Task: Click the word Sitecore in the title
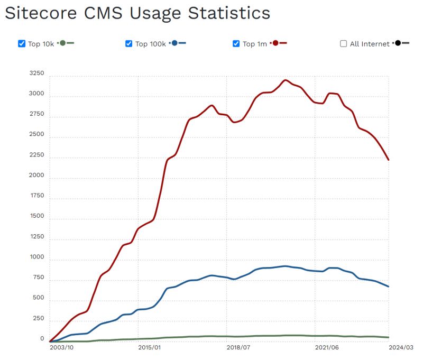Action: pyautogui.click(x=47, y=13)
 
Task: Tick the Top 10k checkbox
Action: pyautogui.click(x=22, y=44)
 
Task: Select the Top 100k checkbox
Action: pyautogui.click(x=128, y=44)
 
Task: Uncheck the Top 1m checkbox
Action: pyautogui.click(x=236, y=44)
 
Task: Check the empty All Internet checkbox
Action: pyautogui.click(x=344, y=44)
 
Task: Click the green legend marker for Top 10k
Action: pyautogui.click(x=63, y=43)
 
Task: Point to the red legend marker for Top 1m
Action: pyautogui.click(x=275, y=43)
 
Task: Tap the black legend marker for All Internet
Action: pyautogui.click(x=398, y=43)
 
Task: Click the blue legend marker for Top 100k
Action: pyautogui.click(x=174, y=43)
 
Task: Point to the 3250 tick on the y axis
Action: pyautogui.click(x=36, y=73)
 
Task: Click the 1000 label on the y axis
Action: pyautogui.click(x=36, y=257)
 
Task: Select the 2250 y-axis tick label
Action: pyautogui.click(x=36, y=155)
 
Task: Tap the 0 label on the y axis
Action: pyautogui.click(x=42, y=338)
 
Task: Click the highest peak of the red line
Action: pyautogui.click(x=286, y=80)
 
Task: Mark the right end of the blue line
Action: pyautogui.click(x=389, y=287)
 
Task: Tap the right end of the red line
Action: pyautogui.click(x=389, y=160)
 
